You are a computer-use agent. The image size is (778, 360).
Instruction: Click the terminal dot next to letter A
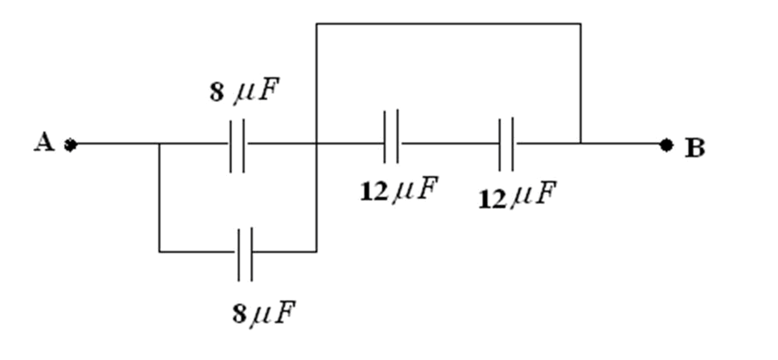tap(71, 145)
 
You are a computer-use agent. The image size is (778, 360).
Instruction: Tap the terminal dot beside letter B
tap(666, 145)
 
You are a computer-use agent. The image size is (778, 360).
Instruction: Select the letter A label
tap(44, 142)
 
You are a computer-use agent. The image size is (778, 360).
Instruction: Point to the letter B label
tap(694, 148)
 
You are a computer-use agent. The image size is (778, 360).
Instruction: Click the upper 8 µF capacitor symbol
tap(237, 145)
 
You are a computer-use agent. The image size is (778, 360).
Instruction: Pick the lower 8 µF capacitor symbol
tap(245, 254)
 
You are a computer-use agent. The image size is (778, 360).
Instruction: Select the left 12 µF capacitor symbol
tap(391, 136)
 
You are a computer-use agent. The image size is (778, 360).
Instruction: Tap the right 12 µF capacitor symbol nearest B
tap(506, 144)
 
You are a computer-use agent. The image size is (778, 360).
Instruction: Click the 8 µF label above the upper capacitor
tap(244, 90)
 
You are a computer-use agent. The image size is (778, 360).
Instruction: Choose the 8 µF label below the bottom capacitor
tap(264, 313)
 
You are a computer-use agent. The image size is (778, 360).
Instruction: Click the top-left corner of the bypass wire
tap(316, 24)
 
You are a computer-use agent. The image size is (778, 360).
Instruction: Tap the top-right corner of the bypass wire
tap(581, 24)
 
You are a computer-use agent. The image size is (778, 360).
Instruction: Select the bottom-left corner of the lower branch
tap(159, 252)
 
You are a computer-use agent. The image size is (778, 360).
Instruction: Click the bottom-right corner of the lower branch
tap(316, 252)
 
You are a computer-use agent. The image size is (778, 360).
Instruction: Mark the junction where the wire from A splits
tap(159, 144)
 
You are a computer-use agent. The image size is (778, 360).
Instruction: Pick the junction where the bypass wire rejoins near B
tap(581, 143)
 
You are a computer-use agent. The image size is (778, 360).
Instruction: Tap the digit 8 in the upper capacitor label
tap(217, 92)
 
